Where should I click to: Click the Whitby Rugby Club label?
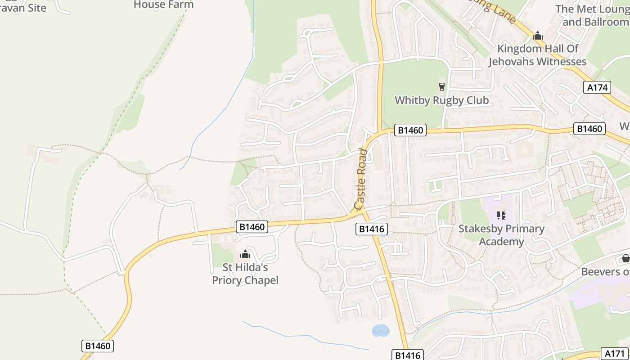pyautogui.click(x=441, y=100)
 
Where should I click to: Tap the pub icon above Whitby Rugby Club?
pyautogui.click(x=441, y=86)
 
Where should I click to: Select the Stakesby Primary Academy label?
pyautogui.click(x=501, y=235)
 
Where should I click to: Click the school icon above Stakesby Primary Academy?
pyautogui.click(x=501, y=216)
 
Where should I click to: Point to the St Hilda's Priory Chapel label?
pyautogui.click(x=245, y=274)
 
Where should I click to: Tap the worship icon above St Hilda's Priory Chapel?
pyautogui.click(x=245, y=254)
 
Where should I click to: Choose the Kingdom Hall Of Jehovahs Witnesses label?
pyautogui.click(x=537, y=55)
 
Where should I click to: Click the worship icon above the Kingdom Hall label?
pyautogui.click(x=537, y=36)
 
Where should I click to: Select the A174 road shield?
pyautogui.click(x=598, y=87)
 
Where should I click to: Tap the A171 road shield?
pyautogui.click(x=614, y=354)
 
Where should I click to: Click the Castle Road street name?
pyautogui.click(x=361, y=179)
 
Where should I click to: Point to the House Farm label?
pyautogui.click(x=164, y=4)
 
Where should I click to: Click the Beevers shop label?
pyautogui.click(x=605, y=272)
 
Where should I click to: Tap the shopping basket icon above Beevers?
pyautogui.click(x=625, y=258)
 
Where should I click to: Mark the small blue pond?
pyautogui.click(x=380, y=331)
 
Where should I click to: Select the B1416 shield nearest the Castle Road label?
pyautogui.click(x=372, y=229)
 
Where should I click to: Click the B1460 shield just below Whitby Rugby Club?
pyautogui.click(x=410, y=130)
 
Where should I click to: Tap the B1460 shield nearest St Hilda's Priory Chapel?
pyautogui.click(x=252, y=227)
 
